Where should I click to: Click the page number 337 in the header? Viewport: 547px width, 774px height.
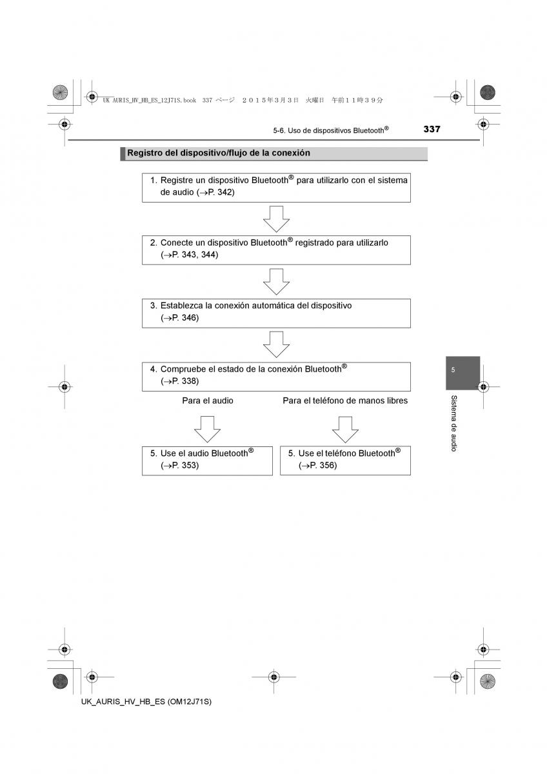point(432,129)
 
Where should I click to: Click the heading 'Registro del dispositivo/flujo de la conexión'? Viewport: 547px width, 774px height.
point(219,154)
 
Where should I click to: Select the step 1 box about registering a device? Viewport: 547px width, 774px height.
point(276,187)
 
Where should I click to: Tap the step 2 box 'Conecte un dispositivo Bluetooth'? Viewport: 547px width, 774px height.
point(276,250)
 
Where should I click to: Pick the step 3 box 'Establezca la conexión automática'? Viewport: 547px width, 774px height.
point(276,313)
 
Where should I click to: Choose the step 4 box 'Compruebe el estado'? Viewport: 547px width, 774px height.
point(276,376)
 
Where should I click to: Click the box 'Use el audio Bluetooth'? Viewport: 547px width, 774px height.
point(207,460)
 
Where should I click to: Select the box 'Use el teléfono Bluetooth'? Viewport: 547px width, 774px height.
point(345,460)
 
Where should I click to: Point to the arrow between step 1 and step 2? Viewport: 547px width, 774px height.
point(276,219)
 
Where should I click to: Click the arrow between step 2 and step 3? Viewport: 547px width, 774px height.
point(276,282)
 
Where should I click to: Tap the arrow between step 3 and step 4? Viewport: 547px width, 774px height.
point(276,344)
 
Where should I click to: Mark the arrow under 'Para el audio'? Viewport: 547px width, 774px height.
point(207,429)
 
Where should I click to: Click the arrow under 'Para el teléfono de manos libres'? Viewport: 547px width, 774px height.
point(345,429)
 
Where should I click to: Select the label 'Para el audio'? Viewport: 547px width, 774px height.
point(207,401)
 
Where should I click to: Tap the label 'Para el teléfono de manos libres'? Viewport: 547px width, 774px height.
point(345,401)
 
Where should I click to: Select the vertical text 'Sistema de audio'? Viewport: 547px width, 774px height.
point(454,423)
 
